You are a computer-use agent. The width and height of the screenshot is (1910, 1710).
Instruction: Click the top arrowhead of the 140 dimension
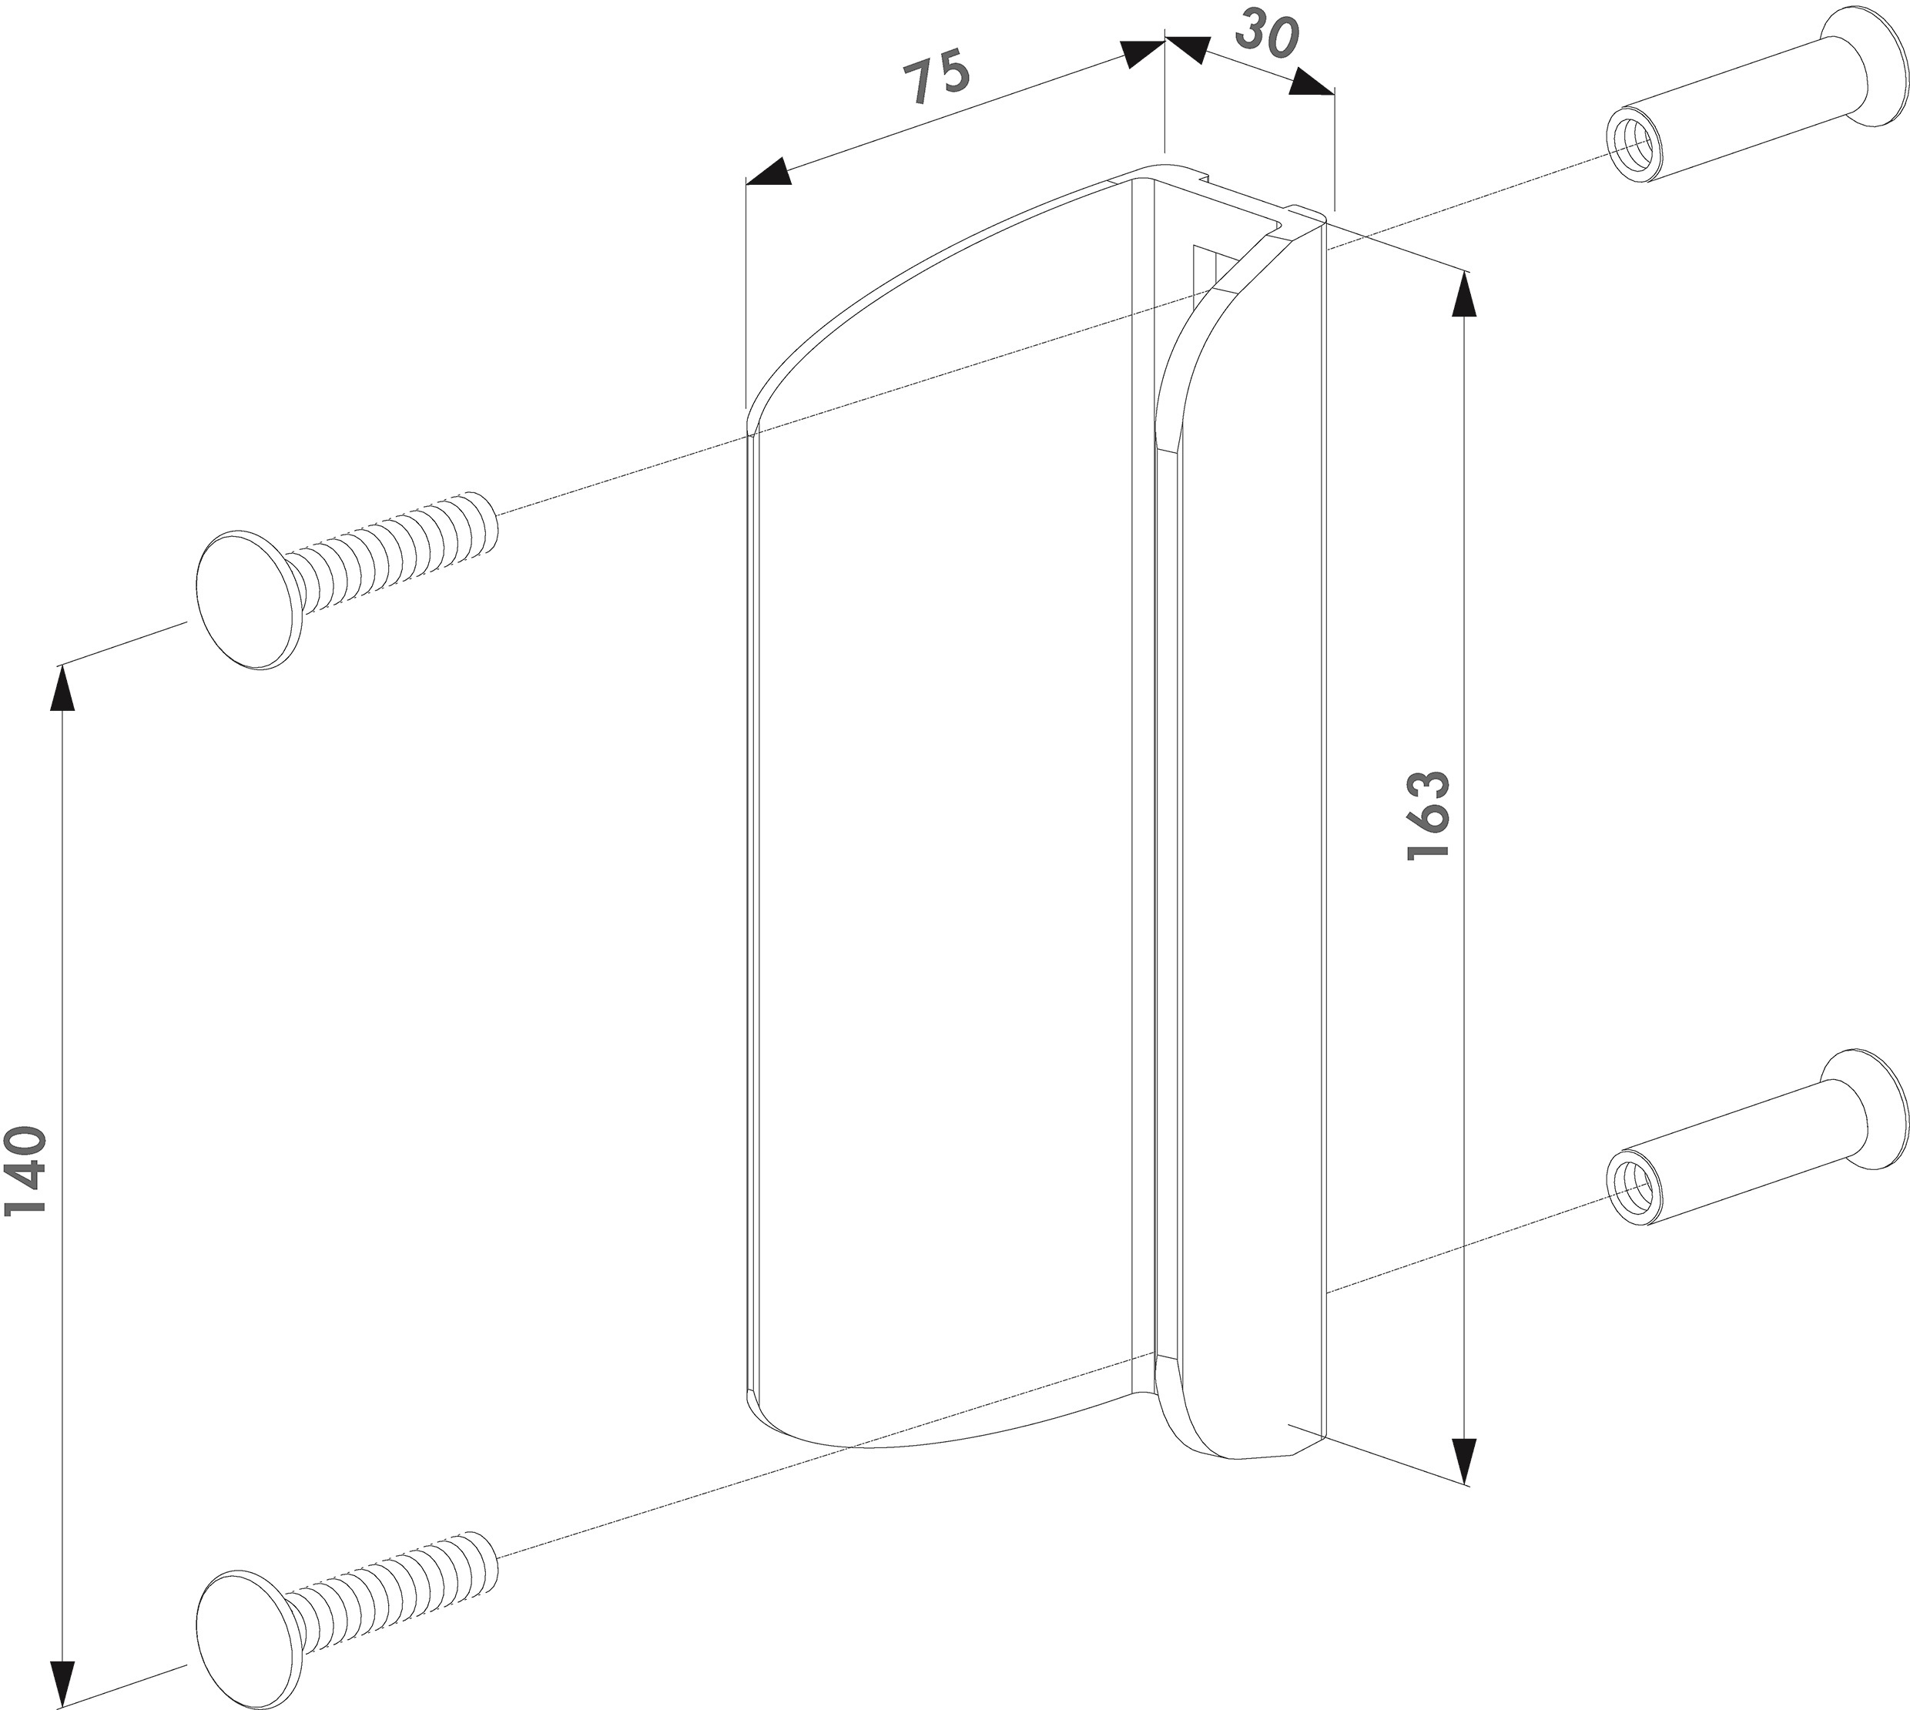click(62, 689)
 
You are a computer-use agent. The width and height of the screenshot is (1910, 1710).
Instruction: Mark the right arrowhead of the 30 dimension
click(1312, 82)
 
